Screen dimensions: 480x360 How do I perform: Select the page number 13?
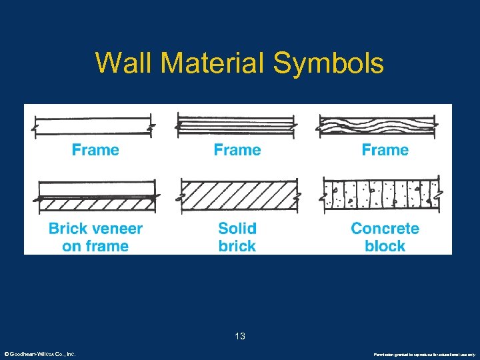(240, 337)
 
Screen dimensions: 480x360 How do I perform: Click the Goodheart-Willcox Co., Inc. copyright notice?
(39, 354)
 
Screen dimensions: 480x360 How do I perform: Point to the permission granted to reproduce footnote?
(424, 355)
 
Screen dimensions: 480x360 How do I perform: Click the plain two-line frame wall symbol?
(95, 125)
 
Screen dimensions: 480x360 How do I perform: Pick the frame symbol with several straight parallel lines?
(237, 125)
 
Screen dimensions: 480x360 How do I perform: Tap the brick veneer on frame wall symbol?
(95, 197)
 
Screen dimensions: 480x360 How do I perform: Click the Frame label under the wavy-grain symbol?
(385, 150)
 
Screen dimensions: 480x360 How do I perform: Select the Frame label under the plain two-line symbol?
(95, 150)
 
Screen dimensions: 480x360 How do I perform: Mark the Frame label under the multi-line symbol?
(237, 150)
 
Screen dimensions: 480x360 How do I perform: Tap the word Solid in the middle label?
(237, 229)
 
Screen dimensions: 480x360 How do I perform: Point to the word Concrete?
(385, 229)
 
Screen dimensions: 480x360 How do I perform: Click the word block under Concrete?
(385, 246)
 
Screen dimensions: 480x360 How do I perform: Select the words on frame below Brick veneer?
(95, 246)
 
